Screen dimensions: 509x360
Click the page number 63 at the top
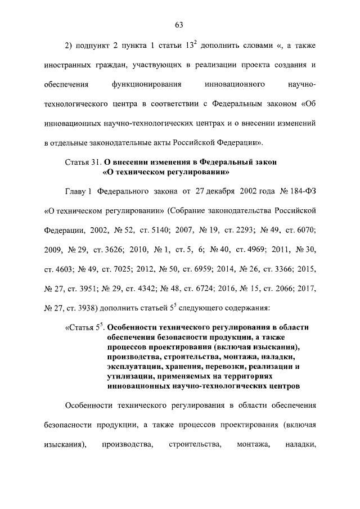click(179, 25)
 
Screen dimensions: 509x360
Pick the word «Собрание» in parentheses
click(188, 210)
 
